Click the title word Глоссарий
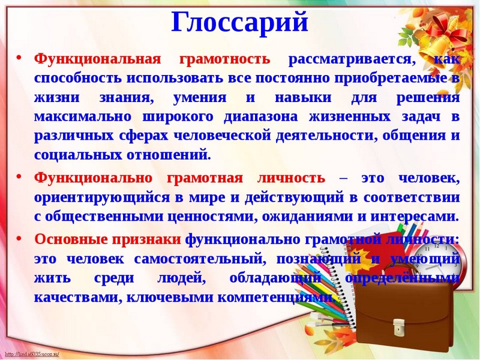[x=239, y=22]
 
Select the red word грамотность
[x=224, y=59]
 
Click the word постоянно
[x=292, y=79]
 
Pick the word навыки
[x=303, y=98]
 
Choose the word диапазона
[x=260, y=117]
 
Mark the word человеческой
[x=222, y=136]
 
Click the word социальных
[x=78, y=155]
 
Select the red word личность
[x=291, y=178]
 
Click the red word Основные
[x=71, y=239]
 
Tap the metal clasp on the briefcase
[x=398, y=326]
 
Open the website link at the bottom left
[x=32, y=354]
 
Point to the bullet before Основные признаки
[x=19, y=238]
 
